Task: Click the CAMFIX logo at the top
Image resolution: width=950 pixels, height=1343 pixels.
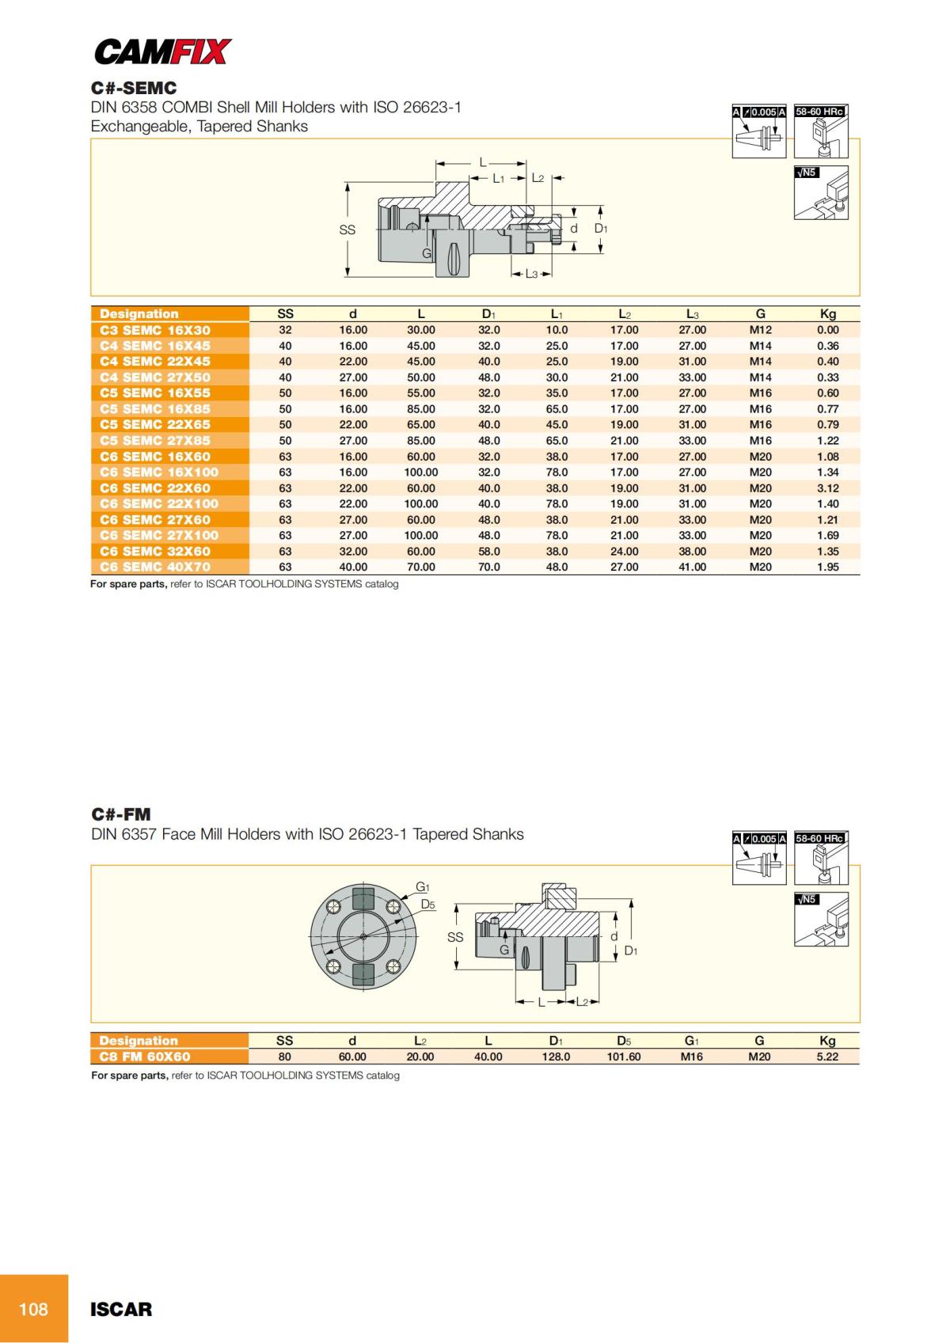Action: click(162, 52)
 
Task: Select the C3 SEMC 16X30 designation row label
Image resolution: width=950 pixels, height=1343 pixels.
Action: click(155, 330)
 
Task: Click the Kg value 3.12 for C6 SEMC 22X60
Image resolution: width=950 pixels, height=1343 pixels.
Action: click(827, 488)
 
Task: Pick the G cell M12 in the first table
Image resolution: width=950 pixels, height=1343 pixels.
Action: click(760, 330)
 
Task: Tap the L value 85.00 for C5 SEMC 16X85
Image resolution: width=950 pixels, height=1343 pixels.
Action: click(420, 409)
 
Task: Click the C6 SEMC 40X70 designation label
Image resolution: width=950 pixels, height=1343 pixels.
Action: click(155, 567)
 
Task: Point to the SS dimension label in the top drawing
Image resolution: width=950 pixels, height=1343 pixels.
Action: click(347, 230)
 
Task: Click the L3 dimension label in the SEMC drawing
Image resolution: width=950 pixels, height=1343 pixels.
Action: click(531, 274)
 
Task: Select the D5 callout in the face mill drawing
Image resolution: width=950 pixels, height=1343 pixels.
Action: click(427, 904)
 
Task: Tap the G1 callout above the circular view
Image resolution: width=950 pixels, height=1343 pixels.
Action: click(423, 887)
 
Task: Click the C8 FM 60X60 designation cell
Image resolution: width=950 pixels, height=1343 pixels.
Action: click(145, 1057)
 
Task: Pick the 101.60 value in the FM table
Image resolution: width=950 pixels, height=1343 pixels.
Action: click(623, 1057)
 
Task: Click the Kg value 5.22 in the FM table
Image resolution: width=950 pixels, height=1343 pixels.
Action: click(827, 1057)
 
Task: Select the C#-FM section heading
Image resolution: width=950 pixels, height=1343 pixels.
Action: click(121, 814)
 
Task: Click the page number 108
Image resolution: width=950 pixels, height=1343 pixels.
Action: click(33, 1309)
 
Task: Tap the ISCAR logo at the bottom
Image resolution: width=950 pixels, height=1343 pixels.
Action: click(121, 1309)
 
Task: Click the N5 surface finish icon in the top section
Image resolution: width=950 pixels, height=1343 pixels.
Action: click(821, 192)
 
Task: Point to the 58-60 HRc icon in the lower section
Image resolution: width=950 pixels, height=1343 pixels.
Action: click(821, 859)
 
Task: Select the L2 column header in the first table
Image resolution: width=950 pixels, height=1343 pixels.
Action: click(624, 314)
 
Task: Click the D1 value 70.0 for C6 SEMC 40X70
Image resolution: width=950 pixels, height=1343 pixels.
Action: click(488, 567)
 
